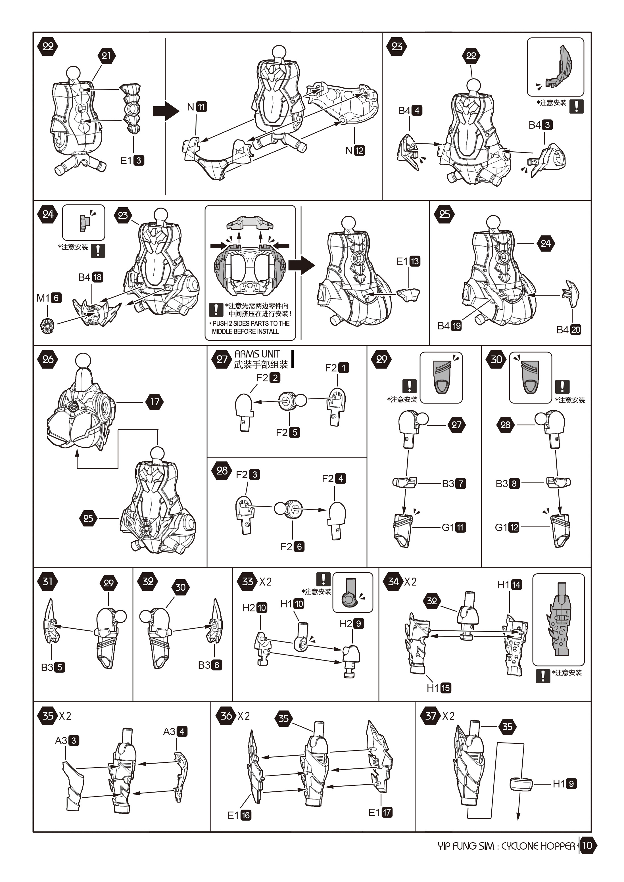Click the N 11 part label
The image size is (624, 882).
[x=197, y=107]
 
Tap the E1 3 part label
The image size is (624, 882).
[x=132, y=160]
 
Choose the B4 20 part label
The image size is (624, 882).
[x=569, y=330]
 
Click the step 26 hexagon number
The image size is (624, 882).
[x=48, y=360]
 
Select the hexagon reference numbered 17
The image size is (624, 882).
[x=155, y=402]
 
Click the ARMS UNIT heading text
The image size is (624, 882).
[x=257, y=354]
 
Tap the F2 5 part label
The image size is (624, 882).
[x=288, y=432]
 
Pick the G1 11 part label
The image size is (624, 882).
[x=454, y=527]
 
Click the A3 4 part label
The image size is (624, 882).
[x=175, y=731]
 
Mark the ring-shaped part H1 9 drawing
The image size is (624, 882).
[x=521, y=784]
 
